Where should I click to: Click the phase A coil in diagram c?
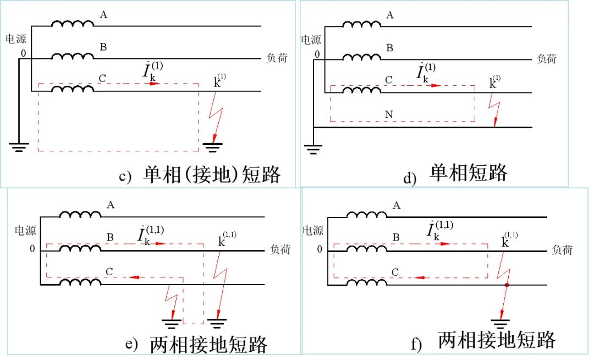point(72,24)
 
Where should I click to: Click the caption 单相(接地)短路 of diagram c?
point(212,174)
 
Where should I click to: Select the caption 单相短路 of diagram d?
point(468,172)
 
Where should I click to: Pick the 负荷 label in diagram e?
point(280,249)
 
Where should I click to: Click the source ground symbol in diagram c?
point(19,147)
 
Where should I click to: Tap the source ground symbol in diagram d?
point(313,149)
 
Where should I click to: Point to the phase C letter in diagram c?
point(102,78)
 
